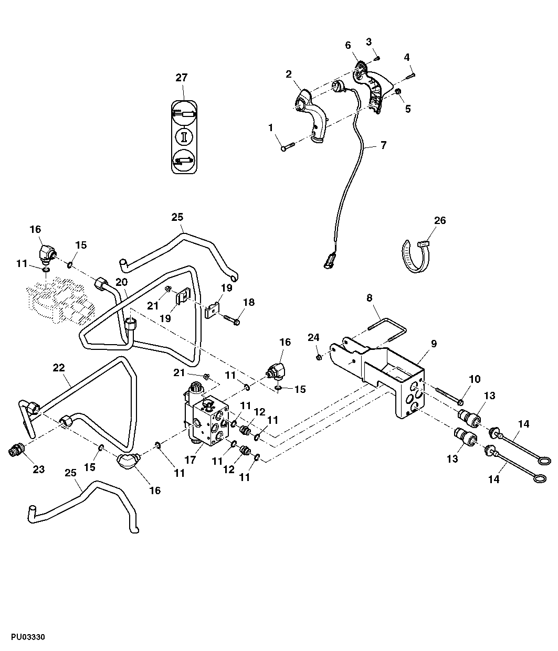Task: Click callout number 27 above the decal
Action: click(181, 78)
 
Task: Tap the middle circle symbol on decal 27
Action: click(184, 136)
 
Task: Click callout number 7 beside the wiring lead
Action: click(383, 145)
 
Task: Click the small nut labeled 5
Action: click(398, 92)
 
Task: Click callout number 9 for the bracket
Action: click(434, 344)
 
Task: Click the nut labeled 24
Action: click(319, 357)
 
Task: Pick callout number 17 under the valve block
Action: click(189, 460)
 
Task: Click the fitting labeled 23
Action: click(17, 451)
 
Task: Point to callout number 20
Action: click(121, 282)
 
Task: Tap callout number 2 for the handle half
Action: click(289, 74)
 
